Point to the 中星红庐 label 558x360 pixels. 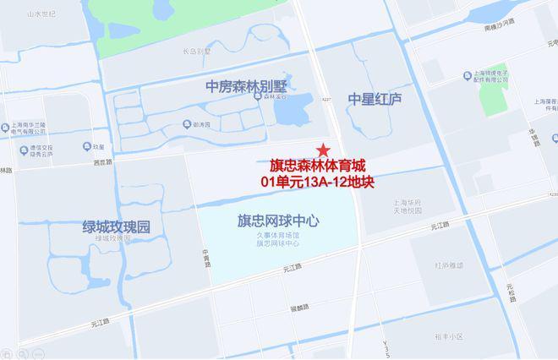(375, 99)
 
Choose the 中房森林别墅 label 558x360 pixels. (246, 86)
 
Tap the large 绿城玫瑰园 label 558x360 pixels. (116, 226)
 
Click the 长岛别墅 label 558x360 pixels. (196, 51)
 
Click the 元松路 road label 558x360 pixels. (511, 295)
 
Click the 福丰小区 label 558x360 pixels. (451, 335)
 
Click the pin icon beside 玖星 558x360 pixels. (90, 146)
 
